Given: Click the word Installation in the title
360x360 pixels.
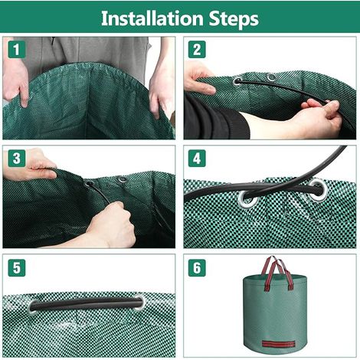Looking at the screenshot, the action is (152, 18).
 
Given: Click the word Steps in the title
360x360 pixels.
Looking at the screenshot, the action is (234, 19).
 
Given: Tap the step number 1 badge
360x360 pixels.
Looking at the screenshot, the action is (17, 49).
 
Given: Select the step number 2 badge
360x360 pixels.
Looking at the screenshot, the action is (197, 49).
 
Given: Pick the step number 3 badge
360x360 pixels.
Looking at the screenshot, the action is (17, 159).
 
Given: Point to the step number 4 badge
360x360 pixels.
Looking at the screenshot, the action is (197, 159).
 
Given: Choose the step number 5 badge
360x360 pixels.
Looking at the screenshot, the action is (17, 268).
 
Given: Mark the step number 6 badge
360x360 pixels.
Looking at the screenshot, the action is (197, 268).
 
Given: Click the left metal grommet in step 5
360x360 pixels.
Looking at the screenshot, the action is (33, 306).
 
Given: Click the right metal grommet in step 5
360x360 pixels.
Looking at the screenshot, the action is (139, 303).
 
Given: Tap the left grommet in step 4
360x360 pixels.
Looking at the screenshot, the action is (248, 198).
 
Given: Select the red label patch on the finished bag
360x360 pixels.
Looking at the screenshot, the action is (279, 344).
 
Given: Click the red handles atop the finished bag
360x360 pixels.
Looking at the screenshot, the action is (277, 273).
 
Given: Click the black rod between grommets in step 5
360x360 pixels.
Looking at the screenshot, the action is (87, 303).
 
